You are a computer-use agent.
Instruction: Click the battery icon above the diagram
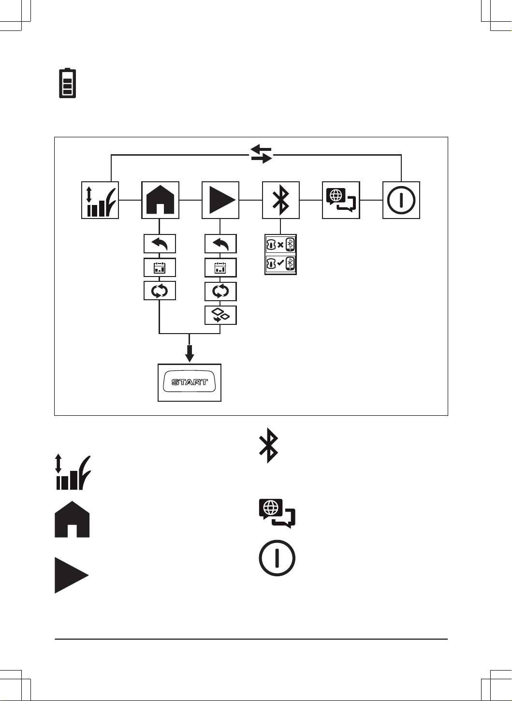[x=67, y=83]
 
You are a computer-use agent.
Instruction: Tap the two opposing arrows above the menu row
[x=262, y=154]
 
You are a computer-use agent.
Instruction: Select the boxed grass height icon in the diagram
[x=100, y=200]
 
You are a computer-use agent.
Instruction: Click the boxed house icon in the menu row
[x=160, y=200]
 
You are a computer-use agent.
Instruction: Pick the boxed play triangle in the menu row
[x=220, y=200]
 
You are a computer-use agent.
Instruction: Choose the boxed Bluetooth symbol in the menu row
[x=281, y=200]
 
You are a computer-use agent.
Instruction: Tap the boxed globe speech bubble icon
[x=341, y=200]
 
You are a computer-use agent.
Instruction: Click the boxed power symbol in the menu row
[x=401, y=200]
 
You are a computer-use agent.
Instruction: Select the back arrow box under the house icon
[x=160, y=244]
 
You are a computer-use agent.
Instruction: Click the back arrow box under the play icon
[x=220, y=244]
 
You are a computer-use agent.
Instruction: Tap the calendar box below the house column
[x=160, y=267]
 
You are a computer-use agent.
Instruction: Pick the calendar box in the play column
[x=220, y=267]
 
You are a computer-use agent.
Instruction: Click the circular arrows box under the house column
[x=160, y=291]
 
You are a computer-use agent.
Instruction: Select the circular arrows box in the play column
[x=220, y=292]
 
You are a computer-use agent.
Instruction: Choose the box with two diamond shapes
[x=220, y=315]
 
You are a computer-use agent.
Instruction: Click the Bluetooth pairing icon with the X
[x=280, y=245]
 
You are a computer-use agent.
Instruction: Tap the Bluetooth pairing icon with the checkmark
[x=280, y=264]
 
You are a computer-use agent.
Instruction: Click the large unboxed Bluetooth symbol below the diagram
[x=268, y=445]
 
